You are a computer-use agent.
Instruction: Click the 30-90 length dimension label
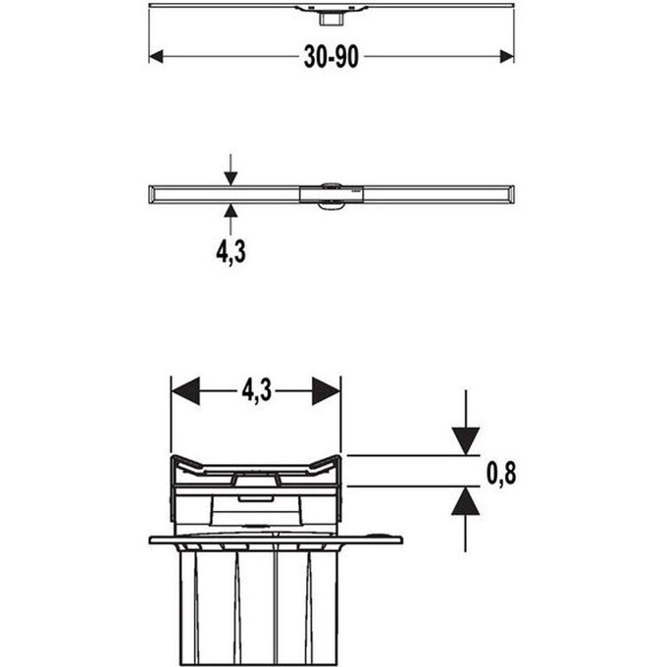332,57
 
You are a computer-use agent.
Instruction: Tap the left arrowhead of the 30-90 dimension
156,57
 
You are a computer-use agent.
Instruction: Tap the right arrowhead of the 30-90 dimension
507,57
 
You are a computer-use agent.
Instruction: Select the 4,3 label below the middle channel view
231,252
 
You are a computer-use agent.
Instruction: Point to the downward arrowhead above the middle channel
231,179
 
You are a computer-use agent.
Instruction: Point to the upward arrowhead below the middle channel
231,211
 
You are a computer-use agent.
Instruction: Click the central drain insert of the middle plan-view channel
332,195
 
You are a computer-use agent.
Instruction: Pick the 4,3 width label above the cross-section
257,390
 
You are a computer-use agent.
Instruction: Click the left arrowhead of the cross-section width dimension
185,391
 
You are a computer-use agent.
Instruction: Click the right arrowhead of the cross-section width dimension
327,391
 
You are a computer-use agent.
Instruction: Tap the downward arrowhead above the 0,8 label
466,441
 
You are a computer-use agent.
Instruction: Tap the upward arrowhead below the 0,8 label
466,500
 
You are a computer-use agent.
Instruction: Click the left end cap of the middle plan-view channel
153,194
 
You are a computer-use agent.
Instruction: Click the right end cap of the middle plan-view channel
510,194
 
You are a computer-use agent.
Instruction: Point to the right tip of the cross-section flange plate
402,540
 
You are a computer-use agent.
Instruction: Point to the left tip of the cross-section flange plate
150,540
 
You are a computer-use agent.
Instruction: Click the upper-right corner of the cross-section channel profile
339,457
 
